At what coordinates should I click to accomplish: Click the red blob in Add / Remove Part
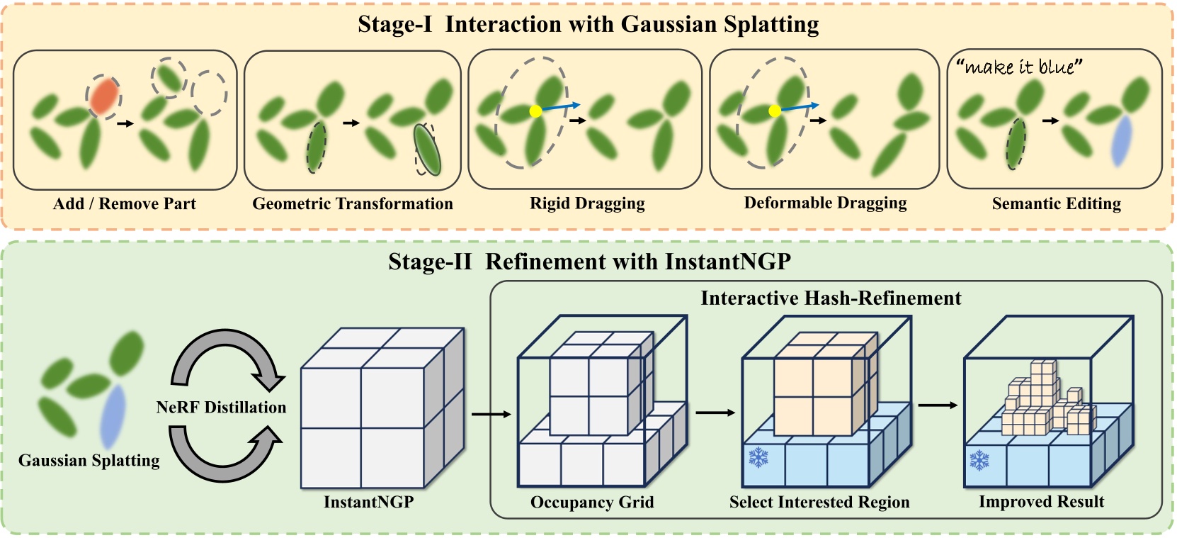[103, 96]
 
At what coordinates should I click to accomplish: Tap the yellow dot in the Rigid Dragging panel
[535, 111]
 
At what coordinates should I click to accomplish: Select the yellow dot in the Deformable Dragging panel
[775, 111]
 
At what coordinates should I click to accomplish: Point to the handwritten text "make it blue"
[1020, 67]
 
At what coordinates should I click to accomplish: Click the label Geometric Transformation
[352, 204]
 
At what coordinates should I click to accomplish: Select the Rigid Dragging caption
[587, 204]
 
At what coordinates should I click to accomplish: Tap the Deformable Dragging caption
[825, 203]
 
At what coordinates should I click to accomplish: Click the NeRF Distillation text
[221, 408]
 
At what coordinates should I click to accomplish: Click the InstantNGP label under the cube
[368, 503]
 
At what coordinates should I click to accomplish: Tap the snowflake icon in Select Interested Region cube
[758, 457]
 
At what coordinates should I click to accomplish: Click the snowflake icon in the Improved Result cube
[979, 460]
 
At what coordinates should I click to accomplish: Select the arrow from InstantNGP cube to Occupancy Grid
[490, 414]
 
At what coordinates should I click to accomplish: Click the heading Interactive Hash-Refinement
[831, 298]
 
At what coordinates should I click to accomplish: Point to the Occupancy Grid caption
[592, 503]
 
